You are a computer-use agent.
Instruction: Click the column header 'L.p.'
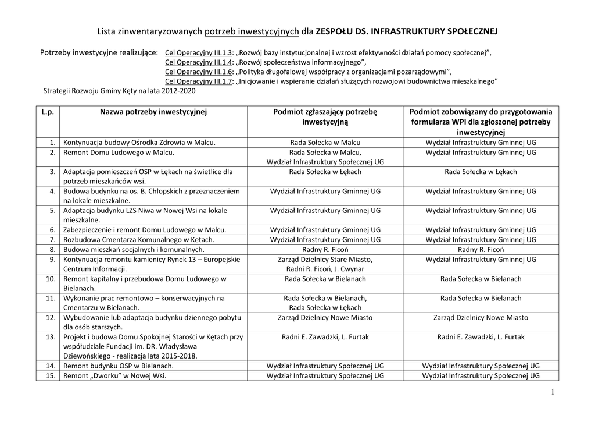click(x=48, y=111)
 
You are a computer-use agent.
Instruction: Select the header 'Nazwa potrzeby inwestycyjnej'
click(x=153, y=111)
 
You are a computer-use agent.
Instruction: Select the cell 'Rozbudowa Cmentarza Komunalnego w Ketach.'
click(x=139, y=239)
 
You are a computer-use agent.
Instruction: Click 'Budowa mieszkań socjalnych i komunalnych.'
click(x=134, y=249)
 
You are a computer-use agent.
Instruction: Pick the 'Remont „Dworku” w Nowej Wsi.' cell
click(x=115, y=375)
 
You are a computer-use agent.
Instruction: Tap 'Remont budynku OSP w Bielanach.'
click(x=119, y=366)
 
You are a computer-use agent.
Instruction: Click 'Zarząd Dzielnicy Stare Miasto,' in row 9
click(x=325, y=259)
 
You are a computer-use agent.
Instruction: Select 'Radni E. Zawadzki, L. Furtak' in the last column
click(x=481, y=336)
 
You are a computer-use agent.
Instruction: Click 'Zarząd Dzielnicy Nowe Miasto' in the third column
click(x=325, y=317)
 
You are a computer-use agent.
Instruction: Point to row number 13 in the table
click(x=51, y=336)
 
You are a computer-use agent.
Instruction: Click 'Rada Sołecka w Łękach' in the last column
click(x=481, y=172)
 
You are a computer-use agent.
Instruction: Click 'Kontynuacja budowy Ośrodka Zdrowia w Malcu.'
click(x=139, y=142)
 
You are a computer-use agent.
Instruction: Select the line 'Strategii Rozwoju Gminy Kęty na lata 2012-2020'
click(x=120, y=91)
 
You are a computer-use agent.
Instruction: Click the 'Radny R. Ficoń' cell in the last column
click(x=481, y=249)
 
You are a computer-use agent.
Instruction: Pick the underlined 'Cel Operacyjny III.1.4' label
click(x=199, y=62)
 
